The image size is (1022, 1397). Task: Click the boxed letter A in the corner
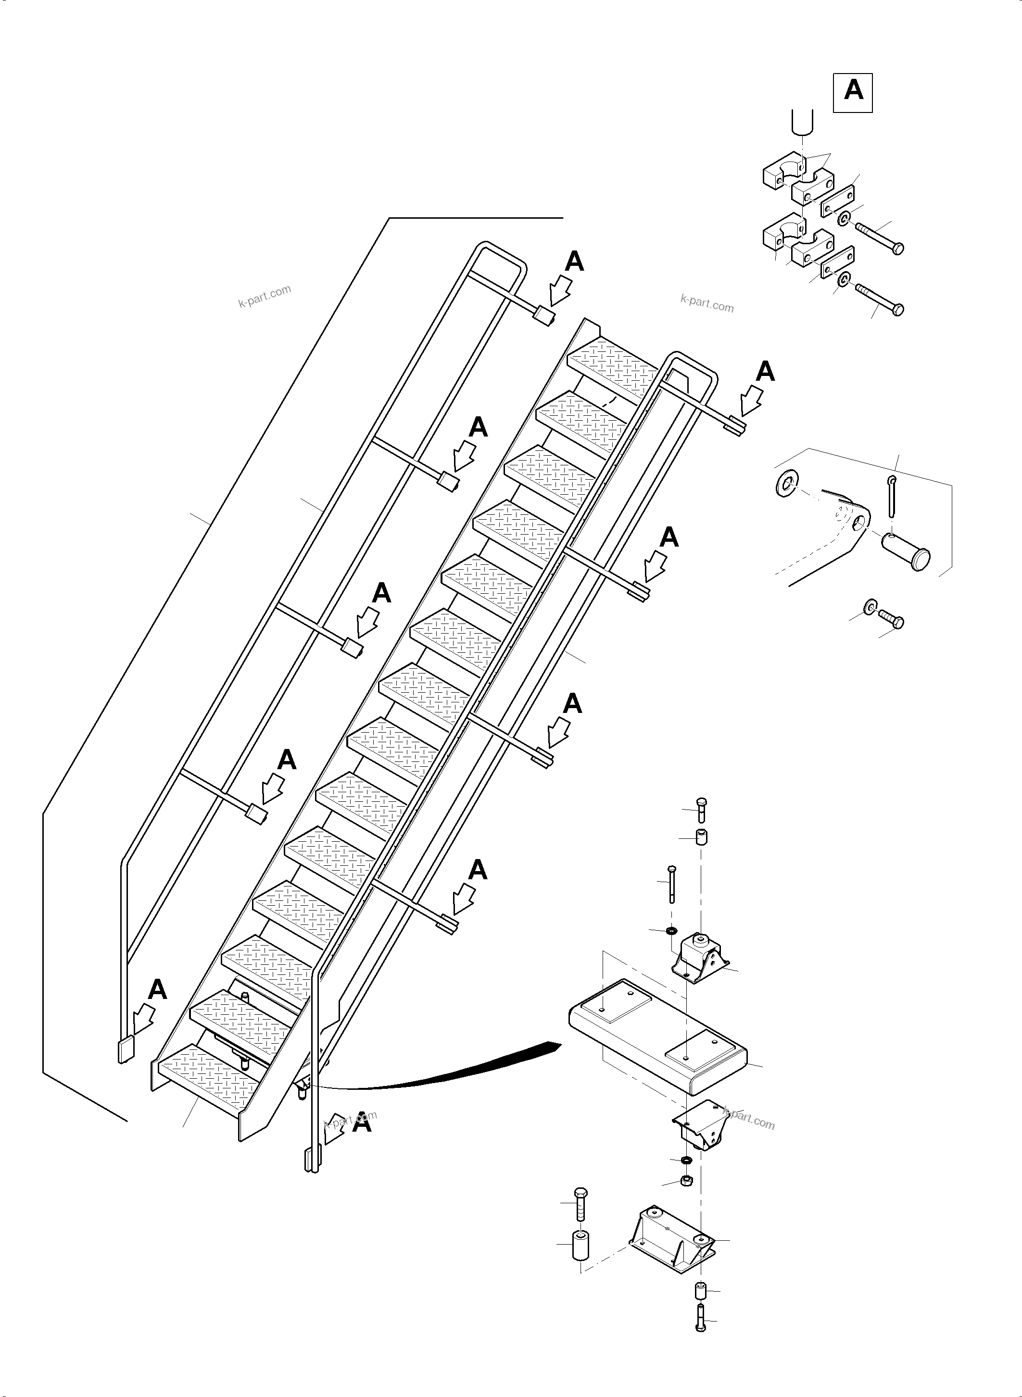tap(853, 92)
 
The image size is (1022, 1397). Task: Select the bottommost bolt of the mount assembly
tap(700, 1325)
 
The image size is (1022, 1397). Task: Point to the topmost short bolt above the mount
tap(701, 810)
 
